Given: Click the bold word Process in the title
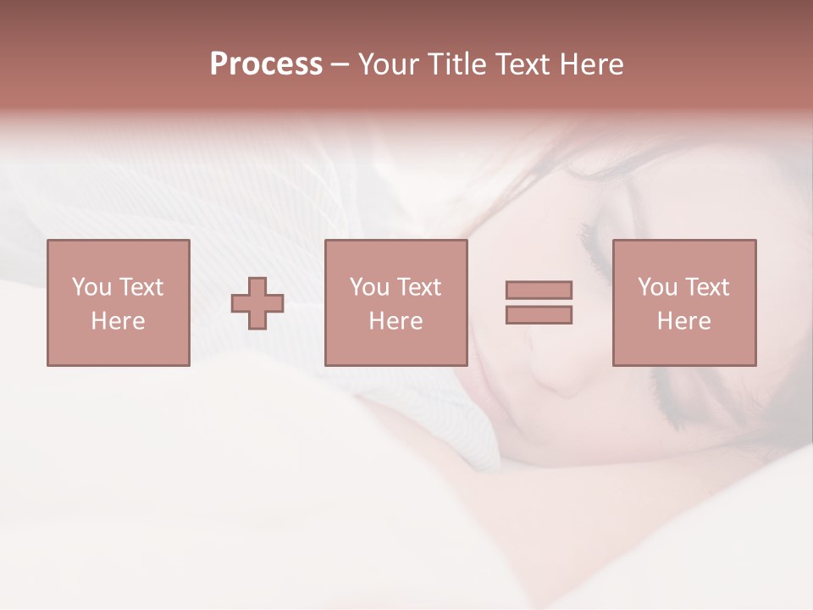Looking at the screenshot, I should (266, 64).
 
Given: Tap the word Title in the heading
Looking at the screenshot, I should (458, 64).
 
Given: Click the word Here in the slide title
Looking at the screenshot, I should (594, 64).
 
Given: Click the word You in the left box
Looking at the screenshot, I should (91, 287).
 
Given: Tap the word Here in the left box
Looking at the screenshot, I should (118, 321).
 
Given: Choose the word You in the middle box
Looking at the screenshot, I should (369, 287).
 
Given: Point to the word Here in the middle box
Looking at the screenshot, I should (395, 321).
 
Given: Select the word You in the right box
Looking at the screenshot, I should (657, 287).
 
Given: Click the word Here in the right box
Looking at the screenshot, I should (683, 321).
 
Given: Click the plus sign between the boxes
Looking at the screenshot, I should (257, 303).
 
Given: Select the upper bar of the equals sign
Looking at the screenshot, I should (539, 290).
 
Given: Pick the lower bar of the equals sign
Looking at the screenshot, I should (539, 315).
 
